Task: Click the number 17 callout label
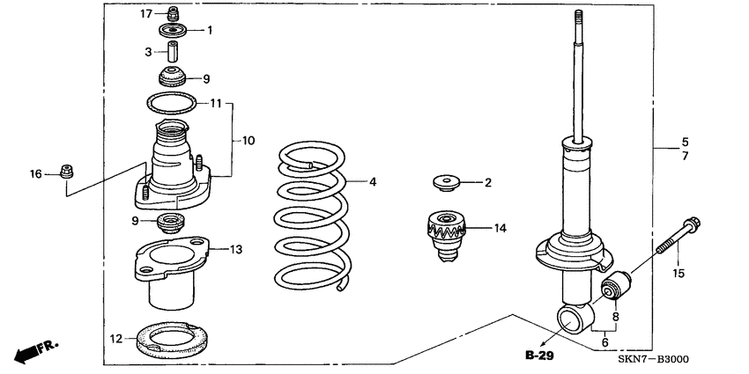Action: click(x=148, y=13)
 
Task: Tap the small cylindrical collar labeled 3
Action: click(x=175, y=53)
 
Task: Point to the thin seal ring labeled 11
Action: click(x=171, y=104)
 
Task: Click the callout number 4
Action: click(x=373, y=182)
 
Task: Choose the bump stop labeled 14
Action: click(x=447, y=233)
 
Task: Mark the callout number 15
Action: click(x=679, y=275)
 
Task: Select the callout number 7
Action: click(x=685, y=156)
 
